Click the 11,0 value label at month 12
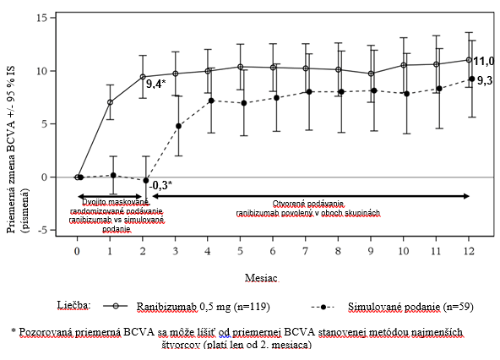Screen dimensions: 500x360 coord(483,61)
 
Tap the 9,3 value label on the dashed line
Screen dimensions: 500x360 coord(485,81)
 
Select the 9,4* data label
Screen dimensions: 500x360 coord(156,84)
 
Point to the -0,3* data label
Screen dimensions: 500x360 coord(160,185)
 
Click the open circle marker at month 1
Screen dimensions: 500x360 coord(110,102)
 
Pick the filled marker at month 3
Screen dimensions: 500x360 coord(178,127)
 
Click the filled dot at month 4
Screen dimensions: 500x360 coord(211,101)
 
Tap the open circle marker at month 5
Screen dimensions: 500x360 coord(241,67)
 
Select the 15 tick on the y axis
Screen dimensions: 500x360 coord(41,18)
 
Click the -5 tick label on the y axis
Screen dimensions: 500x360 coord(42,230)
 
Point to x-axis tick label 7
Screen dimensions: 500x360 coord(306,252)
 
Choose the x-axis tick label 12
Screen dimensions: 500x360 coord(469,252)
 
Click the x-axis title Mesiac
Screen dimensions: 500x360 coord(261,278)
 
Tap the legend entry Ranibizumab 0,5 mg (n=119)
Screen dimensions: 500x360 coord(203,307)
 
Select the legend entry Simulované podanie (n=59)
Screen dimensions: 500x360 coord(410,307)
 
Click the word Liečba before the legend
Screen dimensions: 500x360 coord(74,305)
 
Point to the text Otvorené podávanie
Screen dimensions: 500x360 coord(308,204)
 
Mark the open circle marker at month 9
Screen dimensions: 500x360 coord(371,74)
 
